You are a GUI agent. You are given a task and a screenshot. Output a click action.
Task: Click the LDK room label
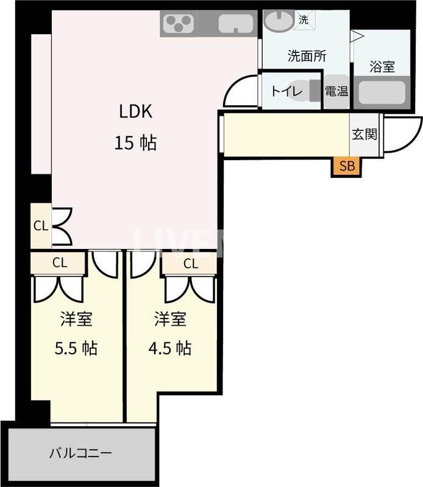click(135, 111)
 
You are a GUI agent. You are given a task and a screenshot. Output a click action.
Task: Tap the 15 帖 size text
click(135, 143)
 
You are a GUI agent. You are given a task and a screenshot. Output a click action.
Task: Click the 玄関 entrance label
click(364, 134)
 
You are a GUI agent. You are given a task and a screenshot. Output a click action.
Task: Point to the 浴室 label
click(382, 67)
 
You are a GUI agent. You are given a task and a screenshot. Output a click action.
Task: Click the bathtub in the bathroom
click(382, 94)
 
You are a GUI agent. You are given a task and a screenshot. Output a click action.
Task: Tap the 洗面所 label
click(307, 56)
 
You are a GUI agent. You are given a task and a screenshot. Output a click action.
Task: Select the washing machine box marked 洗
click(303, 19)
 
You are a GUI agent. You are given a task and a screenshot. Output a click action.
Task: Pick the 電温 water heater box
click(336, 92)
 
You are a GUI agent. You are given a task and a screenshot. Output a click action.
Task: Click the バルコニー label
click(80, 454)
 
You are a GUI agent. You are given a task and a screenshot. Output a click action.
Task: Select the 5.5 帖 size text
click(76, 348)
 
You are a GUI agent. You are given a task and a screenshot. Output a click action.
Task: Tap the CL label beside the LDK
click(40, 226)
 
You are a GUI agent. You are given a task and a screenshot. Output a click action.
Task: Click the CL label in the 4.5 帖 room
click(190, 264)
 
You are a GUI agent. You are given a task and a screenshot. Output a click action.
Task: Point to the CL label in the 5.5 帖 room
click(59, 263)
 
